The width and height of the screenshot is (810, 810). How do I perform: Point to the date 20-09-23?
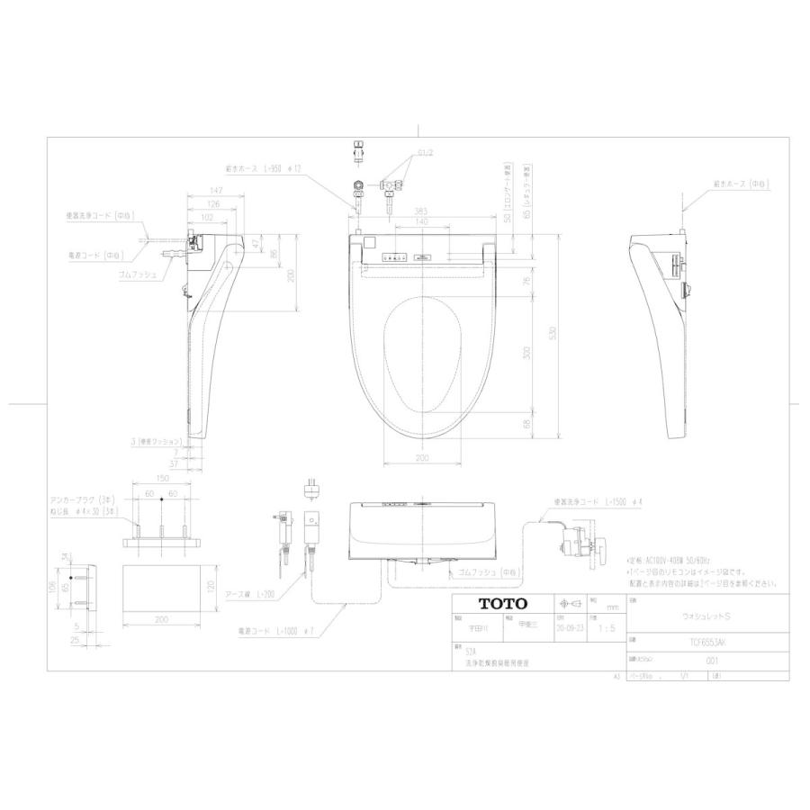[569, 627]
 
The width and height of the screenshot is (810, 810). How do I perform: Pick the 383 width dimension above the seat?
[420, 211]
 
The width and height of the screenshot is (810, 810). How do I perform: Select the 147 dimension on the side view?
[216, 191]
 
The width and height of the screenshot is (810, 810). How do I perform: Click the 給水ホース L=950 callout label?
[262, 168]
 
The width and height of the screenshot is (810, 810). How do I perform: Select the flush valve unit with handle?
[585, 545]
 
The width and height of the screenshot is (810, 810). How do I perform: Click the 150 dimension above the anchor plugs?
[162, 480]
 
